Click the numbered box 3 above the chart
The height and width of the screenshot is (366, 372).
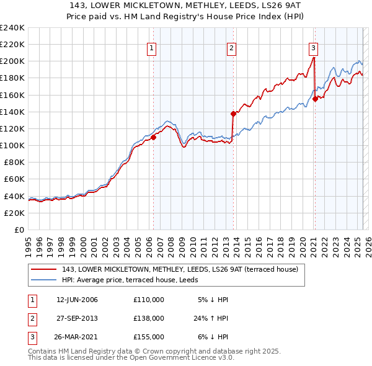click(x=314, y=48)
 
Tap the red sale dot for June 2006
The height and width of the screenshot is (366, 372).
click(x=153, y=138)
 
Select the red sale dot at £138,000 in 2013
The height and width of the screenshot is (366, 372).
click(x=233, y=114)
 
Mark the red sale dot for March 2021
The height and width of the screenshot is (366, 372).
click(x=315, y=99)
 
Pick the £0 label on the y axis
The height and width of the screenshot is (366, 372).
click(x=19, y=230)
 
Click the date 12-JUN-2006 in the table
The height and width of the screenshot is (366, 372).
click(x=77, y=300)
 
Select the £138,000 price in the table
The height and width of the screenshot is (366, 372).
click(x=149, y=318)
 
